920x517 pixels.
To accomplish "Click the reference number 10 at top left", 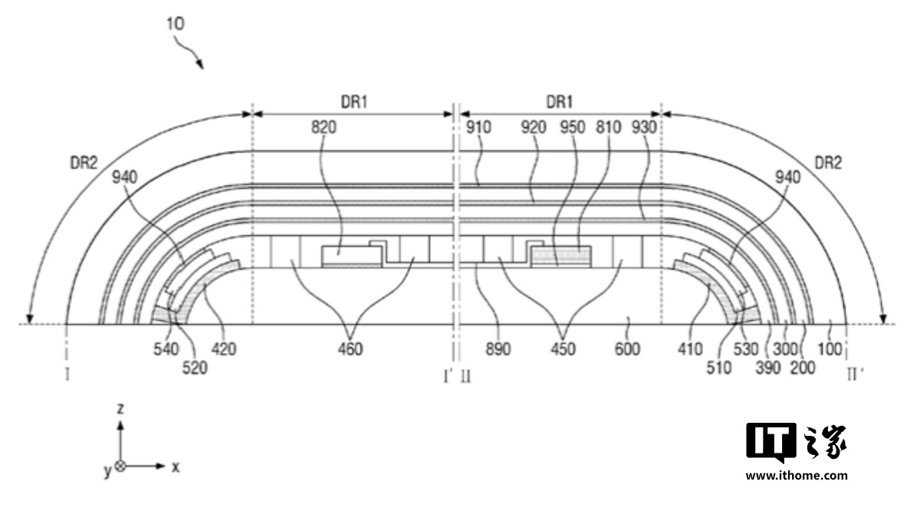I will click(x=175, y=24).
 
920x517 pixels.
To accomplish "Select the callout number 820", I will click(x=324, y=128).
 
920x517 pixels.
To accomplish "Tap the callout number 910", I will click(x=478, y=128).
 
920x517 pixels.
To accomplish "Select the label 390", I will click(x=767, y=368).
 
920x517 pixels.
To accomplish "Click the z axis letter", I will click(x=120, y=409).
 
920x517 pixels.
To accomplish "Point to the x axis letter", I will click(x=176, y=466).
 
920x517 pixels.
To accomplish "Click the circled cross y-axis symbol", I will click(x=120, y=466).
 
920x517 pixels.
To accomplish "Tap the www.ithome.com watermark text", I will click(x=797, y=475).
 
